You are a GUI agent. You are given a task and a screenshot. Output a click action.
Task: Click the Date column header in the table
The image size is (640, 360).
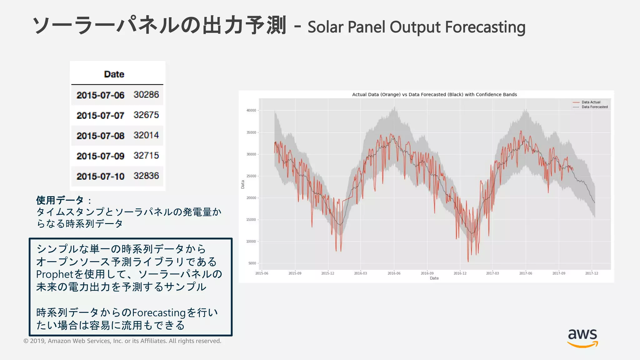click(x=114, y=74)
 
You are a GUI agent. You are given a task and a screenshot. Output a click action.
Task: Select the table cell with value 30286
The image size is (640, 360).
click(x=146, y=94)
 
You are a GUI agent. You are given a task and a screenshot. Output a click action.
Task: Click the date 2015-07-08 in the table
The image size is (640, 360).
click(x=100, y=136)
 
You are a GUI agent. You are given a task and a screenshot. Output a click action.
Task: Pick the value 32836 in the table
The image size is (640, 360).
click(x=146, y=176)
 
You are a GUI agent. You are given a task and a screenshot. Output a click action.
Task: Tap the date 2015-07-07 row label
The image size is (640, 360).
click(x=100, y=115)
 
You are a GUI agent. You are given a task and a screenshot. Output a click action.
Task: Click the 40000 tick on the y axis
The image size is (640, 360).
click(x=251, y=110)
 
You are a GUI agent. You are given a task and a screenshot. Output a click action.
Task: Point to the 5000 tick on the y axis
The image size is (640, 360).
click(x=252, y=263)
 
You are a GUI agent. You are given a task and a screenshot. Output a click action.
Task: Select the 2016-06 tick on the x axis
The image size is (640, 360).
click(x=394, y=273)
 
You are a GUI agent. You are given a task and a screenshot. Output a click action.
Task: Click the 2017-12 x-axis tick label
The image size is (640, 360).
click(x=591, y=273)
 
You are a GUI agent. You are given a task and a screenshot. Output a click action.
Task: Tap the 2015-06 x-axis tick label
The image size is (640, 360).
click(x=262, y=273)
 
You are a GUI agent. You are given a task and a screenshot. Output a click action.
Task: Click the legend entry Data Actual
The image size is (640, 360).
click(x=591, y=102)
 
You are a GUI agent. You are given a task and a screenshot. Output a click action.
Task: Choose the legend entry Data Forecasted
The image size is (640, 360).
click(x=594, y=107)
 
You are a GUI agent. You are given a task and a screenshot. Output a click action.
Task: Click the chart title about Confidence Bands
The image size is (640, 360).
click(x=434, y=94)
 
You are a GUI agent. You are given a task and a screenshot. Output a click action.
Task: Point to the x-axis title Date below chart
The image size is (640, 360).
click(x=434, y=278)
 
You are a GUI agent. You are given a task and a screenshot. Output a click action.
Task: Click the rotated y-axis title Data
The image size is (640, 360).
click(x=242, y=184)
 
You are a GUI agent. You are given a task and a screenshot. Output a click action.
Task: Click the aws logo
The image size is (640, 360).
click(x=582, y=338)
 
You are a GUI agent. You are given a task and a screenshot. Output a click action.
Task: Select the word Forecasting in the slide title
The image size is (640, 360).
click(x=485, y=27)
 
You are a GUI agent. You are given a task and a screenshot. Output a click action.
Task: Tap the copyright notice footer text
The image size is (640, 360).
click(x=122, y=341)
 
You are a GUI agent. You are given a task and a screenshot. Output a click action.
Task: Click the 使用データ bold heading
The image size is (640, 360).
click(x=60, y=200)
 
